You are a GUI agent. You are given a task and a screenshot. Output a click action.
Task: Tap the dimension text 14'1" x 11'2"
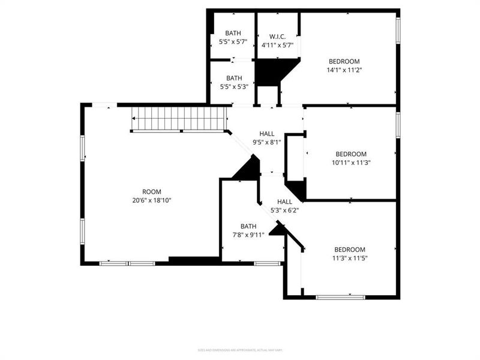[x=344, y=70]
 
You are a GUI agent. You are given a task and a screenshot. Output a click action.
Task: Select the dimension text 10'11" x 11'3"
[x=350, y=162]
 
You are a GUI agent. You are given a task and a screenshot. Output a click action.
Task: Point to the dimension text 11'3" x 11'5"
[x=349, y=258]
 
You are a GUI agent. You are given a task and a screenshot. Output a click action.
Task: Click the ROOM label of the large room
[x=151, y=191]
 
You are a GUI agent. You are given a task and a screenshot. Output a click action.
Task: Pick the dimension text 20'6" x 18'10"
[x=151, y=200]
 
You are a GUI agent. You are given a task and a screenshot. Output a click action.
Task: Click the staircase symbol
[x=179, y=118]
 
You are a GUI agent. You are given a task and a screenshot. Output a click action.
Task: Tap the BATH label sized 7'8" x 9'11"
[x=248, y=226]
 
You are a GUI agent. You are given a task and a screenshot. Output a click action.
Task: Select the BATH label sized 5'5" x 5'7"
[x=233, y=33]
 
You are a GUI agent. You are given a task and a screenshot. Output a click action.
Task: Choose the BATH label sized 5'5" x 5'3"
[x=234, y=78]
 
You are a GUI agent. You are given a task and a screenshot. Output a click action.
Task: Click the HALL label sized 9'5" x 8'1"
[x=266, y=134]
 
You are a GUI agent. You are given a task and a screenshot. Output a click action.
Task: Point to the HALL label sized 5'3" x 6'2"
[x=284, y=202]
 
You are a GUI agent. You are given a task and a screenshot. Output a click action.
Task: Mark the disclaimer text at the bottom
[x=239, y=350]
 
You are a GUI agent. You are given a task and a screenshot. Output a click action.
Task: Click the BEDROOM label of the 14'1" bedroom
[x=344, y=61]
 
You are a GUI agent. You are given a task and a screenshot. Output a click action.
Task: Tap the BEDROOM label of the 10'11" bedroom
[x=350, y=154]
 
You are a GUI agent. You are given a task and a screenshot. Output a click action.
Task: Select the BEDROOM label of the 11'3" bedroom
[x=349, y=250]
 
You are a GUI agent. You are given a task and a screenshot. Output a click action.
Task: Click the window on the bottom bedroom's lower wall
[x=340, y=296]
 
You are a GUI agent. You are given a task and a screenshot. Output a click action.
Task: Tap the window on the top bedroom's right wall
[x=397, y=30]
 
